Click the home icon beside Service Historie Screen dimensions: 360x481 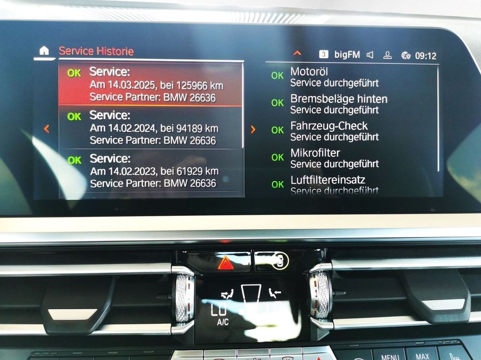[x=44, y=51]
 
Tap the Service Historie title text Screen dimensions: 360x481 [x=96, y=51]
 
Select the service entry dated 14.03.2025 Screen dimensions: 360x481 [x=150, y=84]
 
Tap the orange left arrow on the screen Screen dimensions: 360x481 [x=46, y=129]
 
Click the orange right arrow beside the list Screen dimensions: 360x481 [x=253, y=129]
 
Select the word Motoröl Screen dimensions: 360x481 [x=309, y=72]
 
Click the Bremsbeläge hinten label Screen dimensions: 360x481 [x=339, y=99]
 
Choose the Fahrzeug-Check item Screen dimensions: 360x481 [x=329, y=126]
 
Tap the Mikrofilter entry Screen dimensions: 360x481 [x=315, y=153]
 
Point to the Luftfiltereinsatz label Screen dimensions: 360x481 [x=327, y=180]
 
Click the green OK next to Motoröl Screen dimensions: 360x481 [x=277, y=76]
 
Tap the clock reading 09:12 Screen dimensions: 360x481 [x=426, y=56]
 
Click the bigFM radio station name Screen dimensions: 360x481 [x=347, y=55]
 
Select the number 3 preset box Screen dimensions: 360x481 [x=324, y=54]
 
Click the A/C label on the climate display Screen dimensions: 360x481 [x=222, y=322]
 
